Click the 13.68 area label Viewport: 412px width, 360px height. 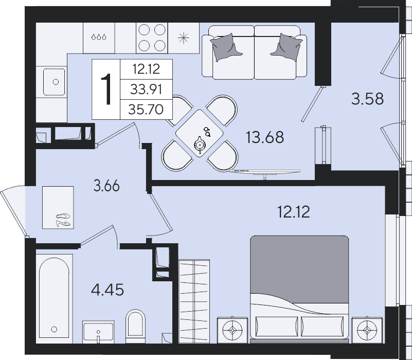264,137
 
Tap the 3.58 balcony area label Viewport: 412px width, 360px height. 367,99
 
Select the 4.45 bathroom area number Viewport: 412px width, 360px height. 108,290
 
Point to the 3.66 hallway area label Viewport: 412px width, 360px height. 106,186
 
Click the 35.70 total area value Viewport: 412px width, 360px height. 146,110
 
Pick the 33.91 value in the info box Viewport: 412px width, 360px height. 146,89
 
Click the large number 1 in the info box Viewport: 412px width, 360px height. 106,89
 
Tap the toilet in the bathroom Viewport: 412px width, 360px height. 135,326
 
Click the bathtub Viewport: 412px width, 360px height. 55,298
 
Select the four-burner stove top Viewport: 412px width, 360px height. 152,38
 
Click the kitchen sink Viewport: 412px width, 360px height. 55,82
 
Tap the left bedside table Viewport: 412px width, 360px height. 232,330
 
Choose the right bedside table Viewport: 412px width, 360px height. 367,330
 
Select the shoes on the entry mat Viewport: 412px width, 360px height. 64,220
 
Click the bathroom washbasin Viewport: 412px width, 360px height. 98,332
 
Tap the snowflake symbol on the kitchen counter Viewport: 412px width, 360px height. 184,38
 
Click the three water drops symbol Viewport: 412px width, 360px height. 99,37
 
